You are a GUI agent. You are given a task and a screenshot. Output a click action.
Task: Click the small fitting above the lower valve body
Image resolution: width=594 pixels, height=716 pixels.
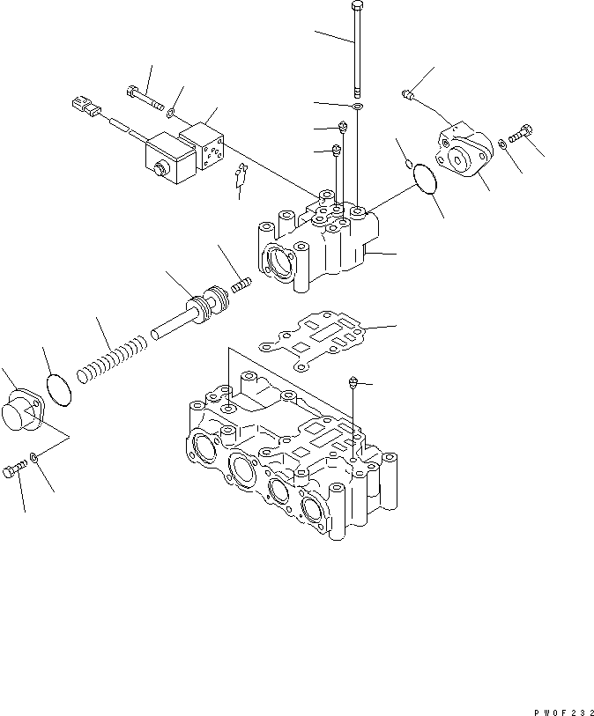pos(353,383)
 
